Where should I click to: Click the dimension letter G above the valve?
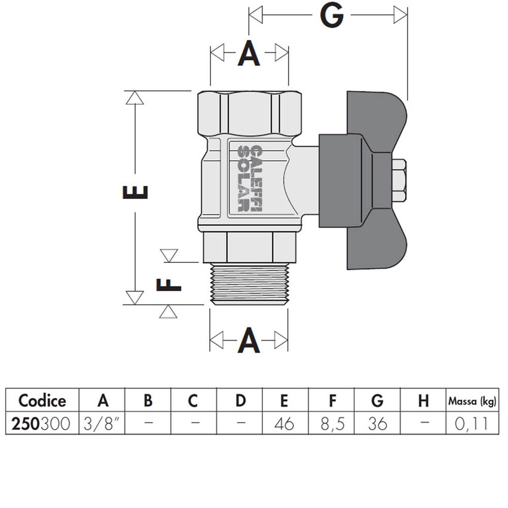[332, 16]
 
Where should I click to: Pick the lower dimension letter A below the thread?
[249, 341]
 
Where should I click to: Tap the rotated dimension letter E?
[136, 192]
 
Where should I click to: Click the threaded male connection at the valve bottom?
[249, 284]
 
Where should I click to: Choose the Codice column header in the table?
[42, 400]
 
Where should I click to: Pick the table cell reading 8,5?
[332, 424]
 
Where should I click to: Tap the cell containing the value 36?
[378, 424]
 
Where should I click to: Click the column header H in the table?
[424, 400]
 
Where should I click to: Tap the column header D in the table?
[240, 400]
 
